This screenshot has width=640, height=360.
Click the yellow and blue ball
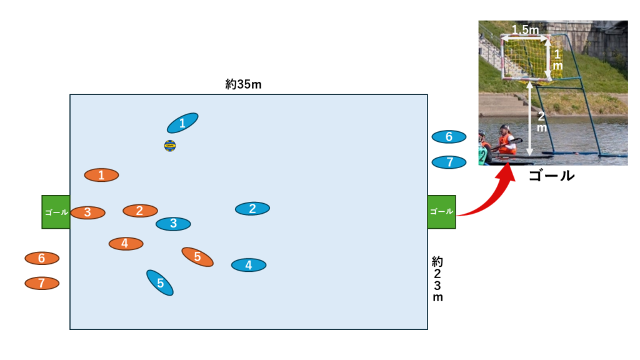[x=170, y=146]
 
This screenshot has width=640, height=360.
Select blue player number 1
[x=182, y=123]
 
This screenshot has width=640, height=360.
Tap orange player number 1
[x=101, y=175]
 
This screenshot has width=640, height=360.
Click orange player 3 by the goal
[x=87, y=212]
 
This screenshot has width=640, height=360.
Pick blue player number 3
[x=173, y=223]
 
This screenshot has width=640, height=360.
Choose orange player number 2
[x=140, y=211]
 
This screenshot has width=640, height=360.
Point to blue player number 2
[x=252, y=209]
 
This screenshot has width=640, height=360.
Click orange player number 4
[x=126, y=243]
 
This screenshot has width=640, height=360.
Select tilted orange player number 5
[x=197, y=256]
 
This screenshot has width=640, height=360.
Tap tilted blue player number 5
[x=160, y=282]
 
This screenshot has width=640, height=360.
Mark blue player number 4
[x=249, y=265]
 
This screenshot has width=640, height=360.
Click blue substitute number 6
[x=449, y=137]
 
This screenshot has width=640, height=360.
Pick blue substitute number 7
[x=449, y=162]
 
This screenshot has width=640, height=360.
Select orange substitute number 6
[x=42, y=258]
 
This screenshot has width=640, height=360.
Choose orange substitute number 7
[x=42, y=283]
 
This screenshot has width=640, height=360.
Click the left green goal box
[x=56, y=212]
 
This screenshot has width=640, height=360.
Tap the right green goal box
[x=441, y=212]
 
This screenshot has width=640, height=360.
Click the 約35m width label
[x=243, y=84]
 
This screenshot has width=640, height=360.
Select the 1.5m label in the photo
[x=525, y=29]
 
